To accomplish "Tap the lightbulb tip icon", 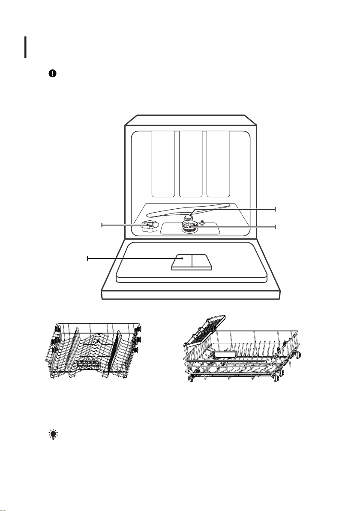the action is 52,435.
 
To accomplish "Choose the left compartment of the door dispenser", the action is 182,262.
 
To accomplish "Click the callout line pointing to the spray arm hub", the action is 240,209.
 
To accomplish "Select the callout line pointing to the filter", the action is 240,226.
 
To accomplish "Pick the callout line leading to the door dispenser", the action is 133,258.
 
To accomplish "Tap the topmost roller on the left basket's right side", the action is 139,328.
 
